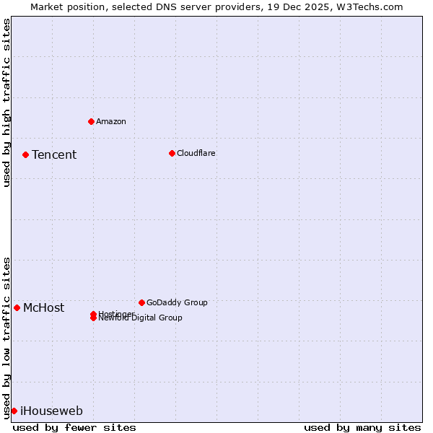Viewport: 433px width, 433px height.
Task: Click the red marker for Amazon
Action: pyautogui.click(x=91, y=121)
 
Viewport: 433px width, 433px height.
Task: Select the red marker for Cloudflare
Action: pyautogui.click(x=172, y=153)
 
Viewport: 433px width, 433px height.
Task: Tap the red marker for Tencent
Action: pyautogui.click(x=25, y=154)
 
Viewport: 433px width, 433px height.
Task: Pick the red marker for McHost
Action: pyautogui.click(x=17, y=307)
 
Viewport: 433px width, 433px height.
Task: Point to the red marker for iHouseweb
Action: pyautogui.click(x=14, y=411)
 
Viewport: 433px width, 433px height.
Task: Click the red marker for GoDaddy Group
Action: pyautogui.click(x=141, y=302)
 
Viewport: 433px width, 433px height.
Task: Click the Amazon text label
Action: pyautogui.click(x=111, y=121)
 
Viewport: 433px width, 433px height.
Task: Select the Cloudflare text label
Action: pyautogui.click(x=196, y=153)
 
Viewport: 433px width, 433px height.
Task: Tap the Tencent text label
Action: pyautogui.click(x=54, y=154)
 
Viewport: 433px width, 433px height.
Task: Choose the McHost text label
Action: pyautogui.click(x=43, y=308)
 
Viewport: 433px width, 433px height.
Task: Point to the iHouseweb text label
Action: pyautogui.click(x=51, y=411)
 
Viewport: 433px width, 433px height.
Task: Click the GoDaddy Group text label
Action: pyautogui.click(x=177, y=302)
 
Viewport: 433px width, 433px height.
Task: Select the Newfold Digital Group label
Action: pyautogui.click(x=141, y=318)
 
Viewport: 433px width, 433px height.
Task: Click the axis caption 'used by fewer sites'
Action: pyautogui.click(x=74, y=427)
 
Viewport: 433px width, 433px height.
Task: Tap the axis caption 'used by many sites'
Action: pyautogui.click(x=362, y=427)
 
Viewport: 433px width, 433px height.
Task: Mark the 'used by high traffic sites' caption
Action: pyautogui.click(x=6, y=102)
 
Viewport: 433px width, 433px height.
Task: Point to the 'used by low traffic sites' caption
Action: pyautogui.click(x=6, y=337)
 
